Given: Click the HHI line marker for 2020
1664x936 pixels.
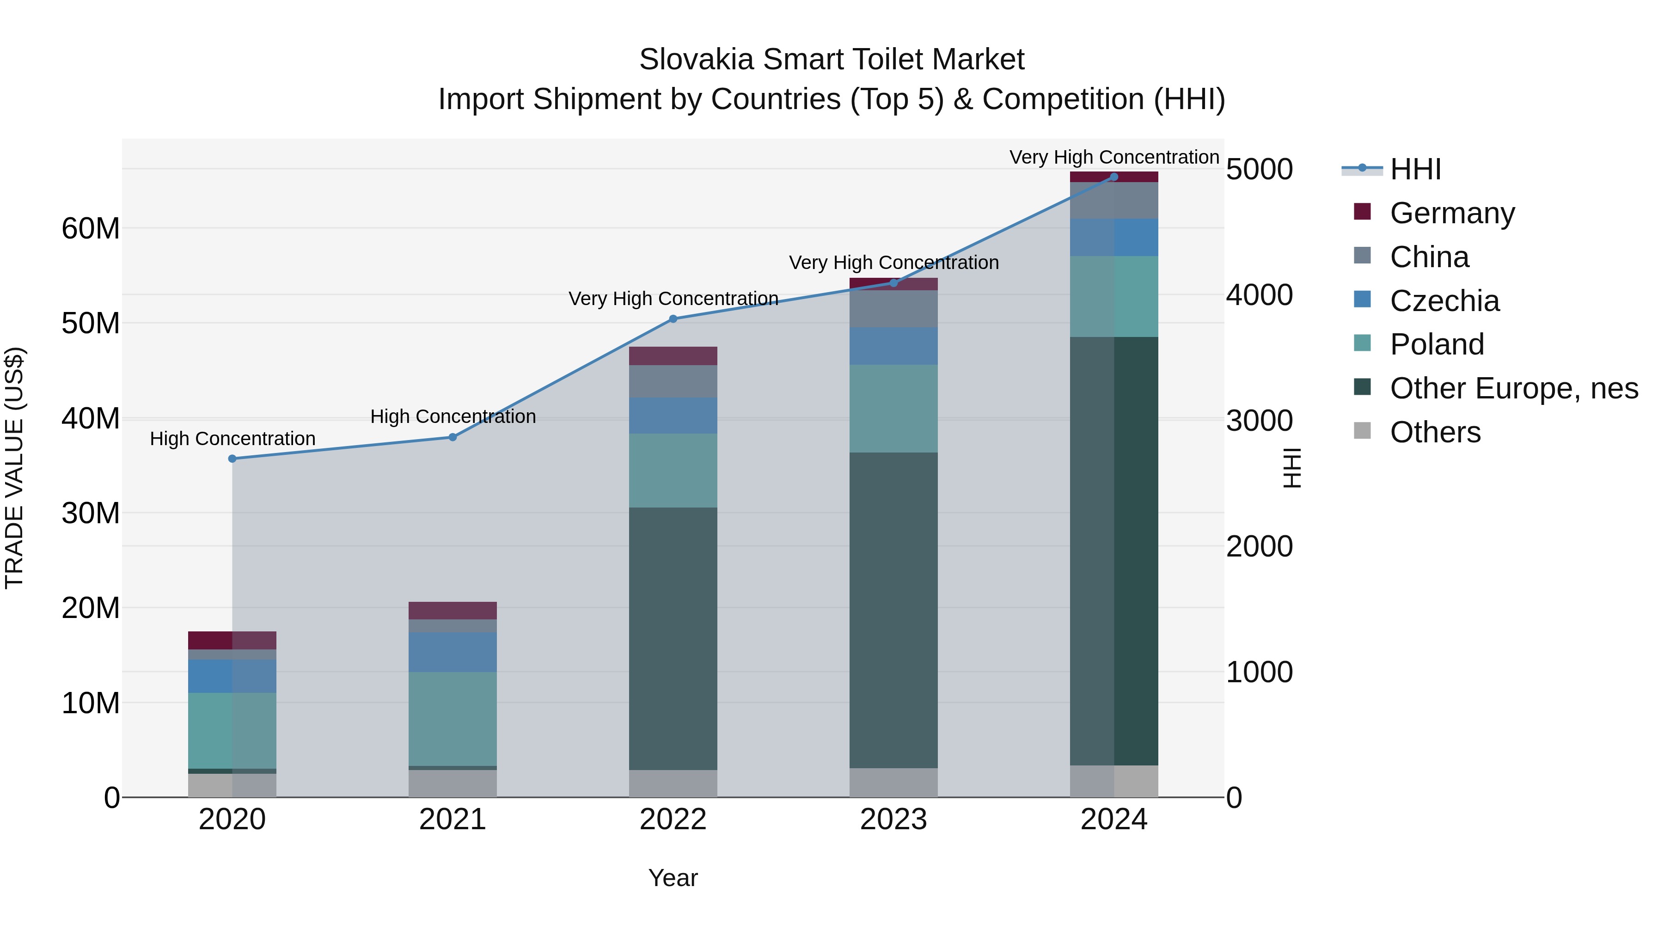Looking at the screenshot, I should pos(232,459).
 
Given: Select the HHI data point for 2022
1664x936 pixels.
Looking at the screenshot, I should pos(673,318).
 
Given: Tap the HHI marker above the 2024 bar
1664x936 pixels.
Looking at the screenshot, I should pos(1113,177).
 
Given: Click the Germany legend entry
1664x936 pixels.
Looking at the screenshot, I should pos(1451,213).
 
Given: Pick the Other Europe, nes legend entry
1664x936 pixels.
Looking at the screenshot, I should pos(1513,388).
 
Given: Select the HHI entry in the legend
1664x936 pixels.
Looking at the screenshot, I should pos(1415,169).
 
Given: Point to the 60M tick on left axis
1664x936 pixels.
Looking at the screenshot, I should pos(91,229).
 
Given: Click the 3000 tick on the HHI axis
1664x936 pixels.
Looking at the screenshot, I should pos(1259,421).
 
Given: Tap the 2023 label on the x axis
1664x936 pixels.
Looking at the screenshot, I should pos(893,820).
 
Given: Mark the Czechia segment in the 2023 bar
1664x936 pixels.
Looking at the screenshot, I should pos(893,346).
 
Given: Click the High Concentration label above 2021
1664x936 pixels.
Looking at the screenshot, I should pos(453,416).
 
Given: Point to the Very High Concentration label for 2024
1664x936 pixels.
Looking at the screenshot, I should pos(1113,157).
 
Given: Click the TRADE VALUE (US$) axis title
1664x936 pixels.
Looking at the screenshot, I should pos(14,468).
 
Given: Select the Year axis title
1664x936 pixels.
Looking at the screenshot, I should pos(673,878).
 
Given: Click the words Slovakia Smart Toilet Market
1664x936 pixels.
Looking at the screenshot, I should pos(832,60).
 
